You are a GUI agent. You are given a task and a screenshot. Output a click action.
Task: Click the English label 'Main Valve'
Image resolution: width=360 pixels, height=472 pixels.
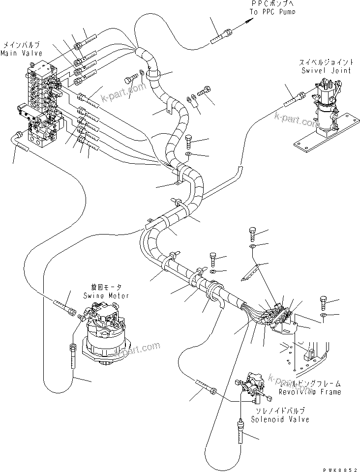click(21, 53)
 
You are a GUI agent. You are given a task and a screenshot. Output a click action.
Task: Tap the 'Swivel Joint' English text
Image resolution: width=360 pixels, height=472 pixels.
click(325, 70)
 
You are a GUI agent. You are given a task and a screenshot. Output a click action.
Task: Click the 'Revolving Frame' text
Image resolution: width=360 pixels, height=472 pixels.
click(310, 392)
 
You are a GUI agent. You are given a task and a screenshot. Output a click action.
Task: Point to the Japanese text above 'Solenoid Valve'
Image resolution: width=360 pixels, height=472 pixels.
click(279, 410)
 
